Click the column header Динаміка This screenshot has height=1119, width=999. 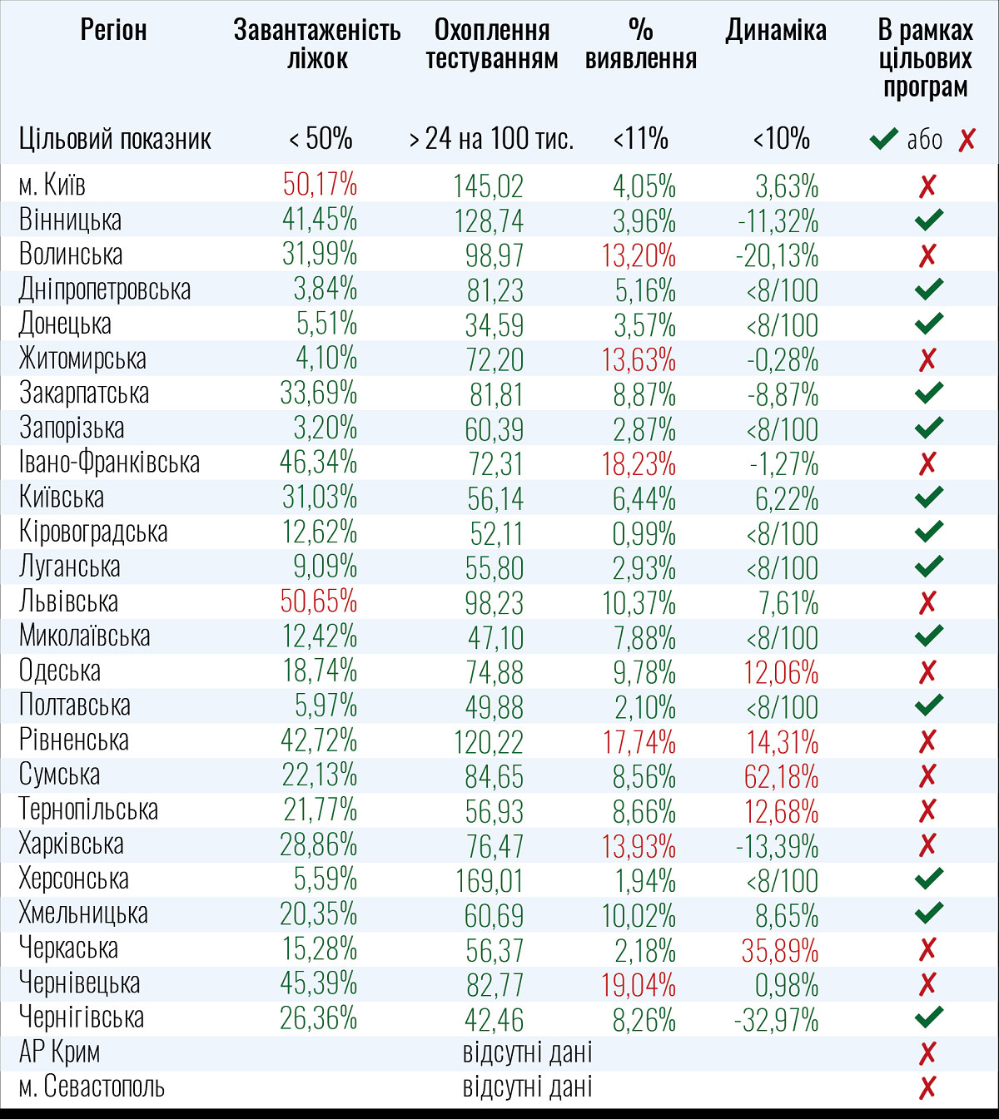pyautogui.click(x=776, y=31)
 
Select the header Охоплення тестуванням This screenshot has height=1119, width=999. pyautogui.click(x=492, y=44)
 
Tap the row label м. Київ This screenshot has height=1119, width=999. pyautogui.click(x=52, y=185)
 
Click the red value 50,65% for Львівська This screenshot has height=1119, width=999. pyautogui.click(x=319, y=601)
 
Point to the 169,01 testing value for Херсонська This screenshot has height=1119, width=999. pyautogui.click(x=490, y=879)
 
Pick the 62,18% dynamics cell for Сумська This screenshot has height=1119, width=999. pyautogui.click(x=781, y=776)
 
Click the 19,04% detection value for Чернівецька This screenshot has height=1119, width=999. pyautogui.click(x=639, y=984)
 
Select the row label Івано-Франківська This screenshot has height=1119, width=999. pyautogui.click(x=109, y=463)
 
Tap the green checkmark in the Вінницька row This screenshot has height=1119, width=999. pyautogui.click(x=928, y=220)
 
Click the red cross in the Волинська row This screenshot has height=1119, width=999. pyautogui.click(x=927, y=255)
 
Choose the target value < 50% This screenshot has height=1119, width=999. pyautogui.click(x=321, y=138)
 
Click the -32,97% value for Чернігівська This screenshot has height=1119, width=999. pyautogui.click(x=778, y=1019)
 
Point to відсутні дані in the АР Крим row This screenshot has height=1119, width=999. pyautogui.click(x=527, y=1052)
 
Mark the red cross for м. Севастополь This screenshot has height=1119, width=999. pyautogui.click(x=927, y=1087)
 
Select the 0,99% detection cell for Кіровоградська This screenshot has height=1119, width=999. pyautogui.click(x=644, y=532)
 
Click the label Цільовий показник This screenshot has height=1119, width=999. pyautogui.click(x=115, y=138)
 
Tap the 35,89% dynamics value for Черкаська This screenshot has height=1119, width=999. pyautogui.click(x=781, y=950)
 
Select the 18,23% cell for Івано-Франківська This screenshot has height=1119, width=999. pyautogui.click(x=639, y=463)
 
